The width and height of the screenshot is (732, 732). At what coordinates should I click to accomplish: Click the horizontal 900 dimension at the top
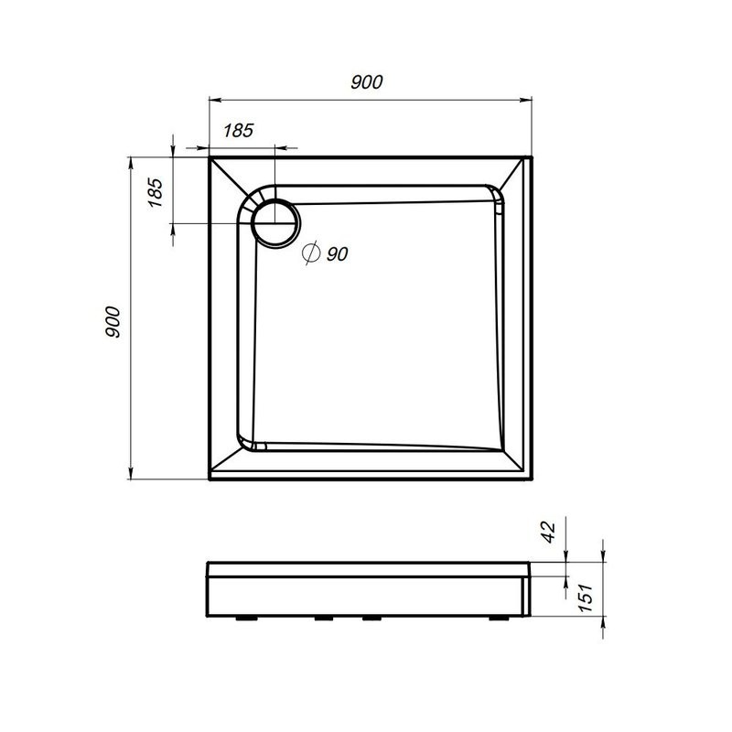[366, 81]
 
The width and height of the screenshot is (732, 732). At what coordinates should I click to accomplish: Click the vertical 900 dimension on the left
[112, 320]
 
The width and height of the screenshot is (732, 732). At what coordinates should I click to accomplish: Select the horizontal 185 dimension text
[237, 129]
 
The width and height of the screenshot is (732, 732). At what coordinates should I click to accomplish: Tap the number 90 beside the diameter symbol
[336, 255]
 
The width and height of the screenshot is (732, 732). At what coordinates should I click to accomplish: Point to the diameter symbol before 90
[310, 253]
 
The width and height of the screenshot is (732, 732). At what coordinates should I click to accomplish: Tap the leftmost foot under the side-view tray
[247, 618]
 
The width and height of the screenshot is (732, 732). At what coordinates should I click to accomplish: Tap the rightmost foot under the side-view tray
[497, 618]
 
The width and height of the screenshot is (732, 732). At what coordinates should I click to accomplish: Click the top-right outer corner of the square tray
[533, 157]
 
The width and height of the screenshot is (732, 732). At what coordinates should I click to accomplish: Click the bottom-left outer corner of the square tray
[210, 481]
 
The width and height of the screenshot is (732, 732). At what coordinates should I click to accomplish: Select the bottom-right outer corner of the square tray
[533, 481]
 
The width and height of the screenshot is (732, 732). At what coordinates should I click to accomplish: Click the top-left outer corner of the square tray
[210, 157]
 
